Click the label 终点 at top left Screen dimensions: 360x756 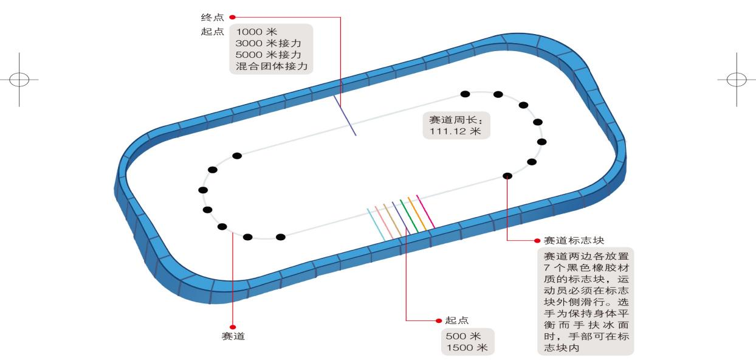[x=213, y=18]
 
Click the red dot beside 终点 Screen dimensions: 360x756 [x=232, y=18]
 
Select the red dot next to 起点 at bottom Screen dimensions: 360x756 [x=438, y=320]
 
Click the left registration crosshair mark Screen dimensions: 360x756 [x=19, y=80]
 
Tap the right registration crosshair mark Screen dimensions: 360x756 [x=737, y=80]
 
